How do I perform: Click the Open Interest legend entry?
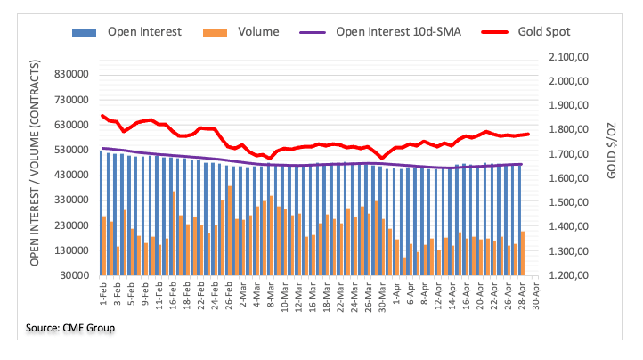[143, 32]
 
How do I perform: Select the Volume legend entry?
[258, 32]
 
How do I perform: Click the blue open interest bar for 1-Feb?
[102, 214]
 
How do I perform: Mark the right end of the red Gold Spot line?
[528, 134]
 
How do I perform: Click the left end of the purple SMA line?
[102, 148]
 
